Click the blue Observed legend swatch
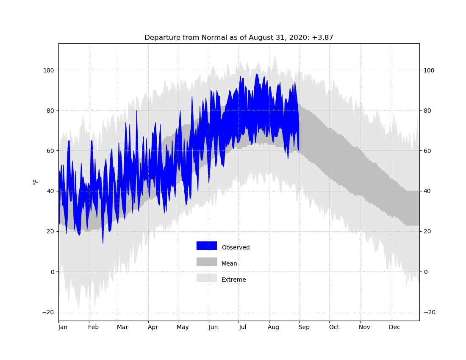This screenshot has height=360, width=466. [x=207, y=246]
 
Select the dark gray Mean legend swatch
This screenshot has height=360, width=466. [x=207, y=262]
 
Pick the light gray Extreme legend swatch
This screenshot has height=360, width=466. [x=207, y=278]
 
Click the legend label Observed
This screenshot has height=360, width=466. [x=236, y=247]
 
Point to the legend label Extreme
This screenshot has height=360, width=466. [x=233, y=280]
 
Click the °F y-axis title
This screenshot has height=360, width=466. [x=36, y=182]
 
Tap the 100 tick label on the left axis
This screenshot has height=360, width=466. [x=49, y=70]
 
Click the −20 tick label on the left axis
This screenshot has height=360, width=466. [x=48, y=312]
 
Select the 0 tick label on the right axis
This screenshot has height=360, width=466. [x=426, y=272]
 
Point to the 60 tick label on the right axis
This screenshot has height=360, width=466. [x=427, y=151]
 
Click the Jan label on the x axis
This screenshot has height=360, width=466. [x=63, y=327]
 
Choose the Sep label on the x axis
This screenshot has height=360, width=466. [x=304, y=327]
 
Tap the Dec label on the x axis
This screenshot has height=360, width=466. [x=395, y=327]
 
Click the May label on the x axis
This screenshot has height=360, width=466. [x=183, y=327]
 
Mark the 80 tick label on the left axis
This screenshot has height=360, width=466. [x=50, y=111]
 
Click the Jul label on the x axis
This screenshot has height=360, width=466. [x=242, y=327]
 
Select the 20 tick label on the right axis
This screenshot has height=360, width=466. [x=427, y=231]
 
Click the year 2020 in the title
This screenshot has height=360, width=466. [x=301, y=38]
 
